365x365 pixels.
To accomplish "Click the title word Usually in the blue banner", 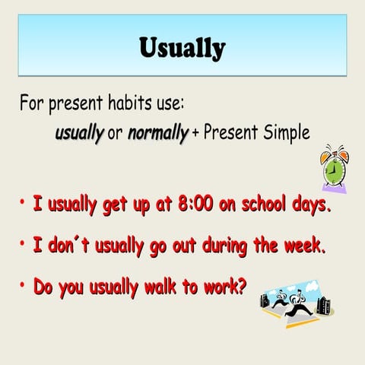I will [182, 47].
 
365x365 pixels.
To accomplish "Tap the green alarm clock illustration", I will [335, 170].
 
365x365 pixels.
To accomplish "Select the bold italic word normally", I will [158, 133].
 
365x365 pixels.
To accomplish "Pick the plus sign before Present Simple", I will [195, 134].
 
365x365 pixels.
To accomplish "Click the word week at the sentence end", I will [308, 246].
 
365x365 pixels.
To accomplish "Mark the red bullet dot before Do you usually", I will [24, 286].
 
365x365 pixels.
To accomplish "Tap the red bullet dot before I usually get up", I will [24, 202].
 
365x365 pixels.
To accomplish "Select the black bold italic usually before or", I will [79, 133].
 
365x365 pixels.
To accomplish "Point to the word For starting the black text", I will [33, 101].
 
